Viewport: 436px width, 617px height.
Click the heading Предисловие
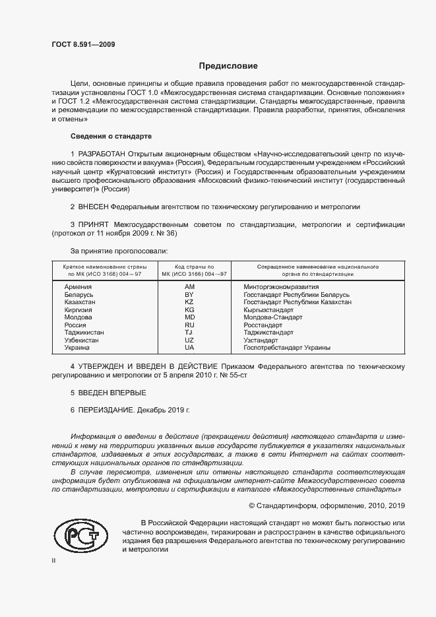[x=228, y=66]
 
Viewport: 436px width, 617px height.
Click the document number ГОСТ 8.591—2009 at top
[x=82, y=44]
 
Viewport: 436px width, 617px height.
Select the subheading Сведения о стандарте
[x=111, y=136]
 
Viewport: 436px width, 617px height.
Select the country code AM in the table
[x=189, y=287]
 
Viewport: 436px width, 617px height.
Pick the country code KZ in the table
[x=189, y=302]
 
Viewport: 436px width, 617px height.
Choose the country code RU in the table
[x=189, y=325]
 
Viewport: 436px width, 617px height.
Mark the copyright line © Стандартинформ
[x=326, y=505]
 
